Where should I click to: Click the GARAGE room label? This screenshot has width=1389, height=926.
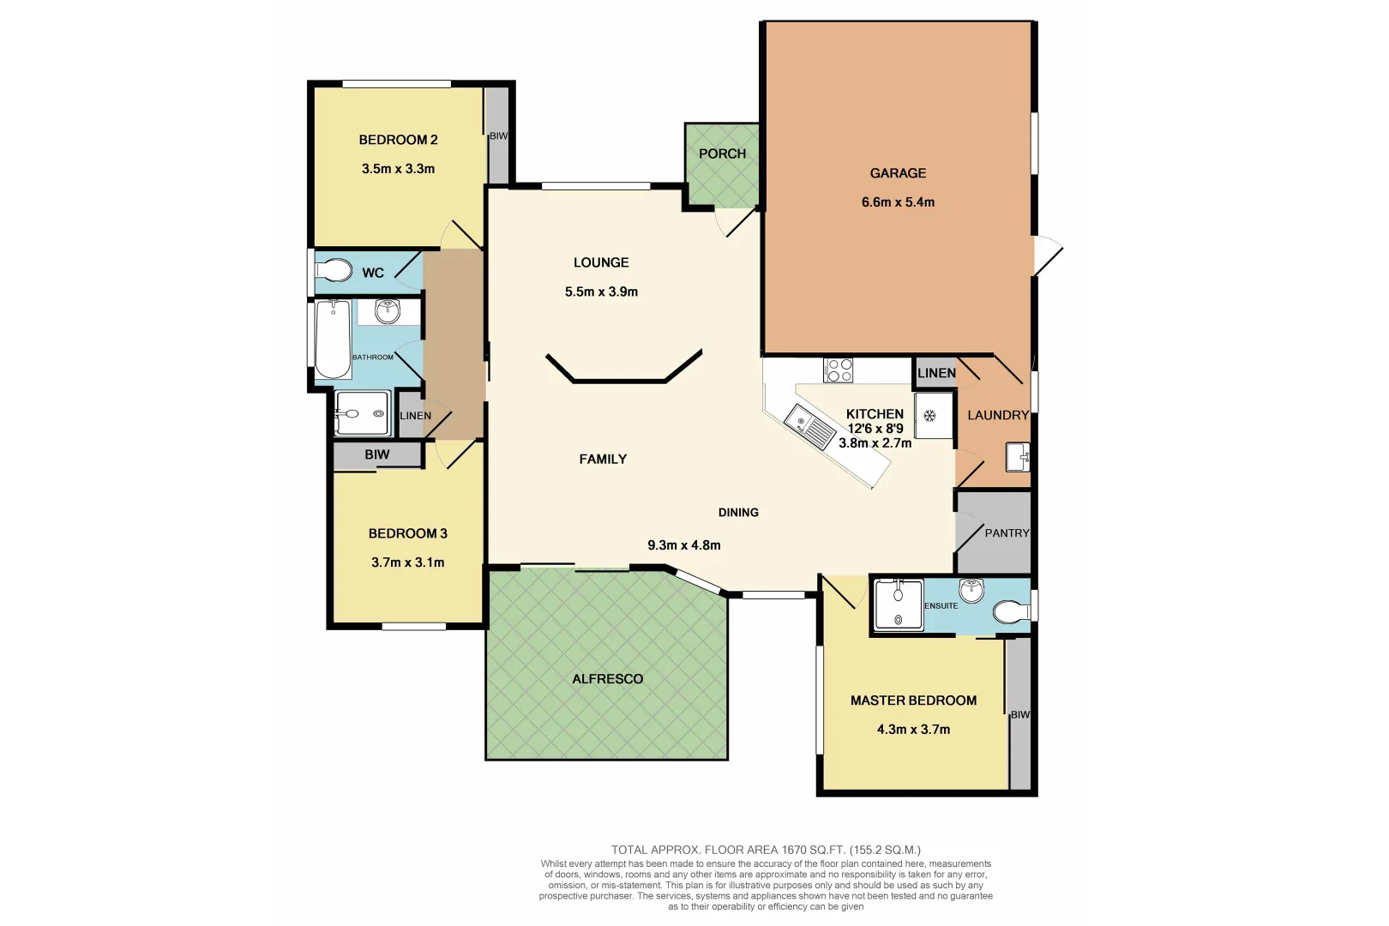[898, 173]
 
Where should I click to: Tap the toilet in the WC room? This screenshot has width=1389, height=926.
[334, 271]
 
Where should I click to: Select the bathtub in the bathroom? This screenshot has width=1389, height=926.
[333, 340]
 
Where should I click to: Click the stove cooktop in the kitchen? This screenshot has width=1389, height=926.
[838, 370]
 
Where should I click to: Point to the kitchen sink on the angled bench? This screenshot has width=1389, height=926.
[809, 426]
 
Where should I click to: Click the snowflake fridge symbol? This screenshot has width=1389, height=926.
[929, 416]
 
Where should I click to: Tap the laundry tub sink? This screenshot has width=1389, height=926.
[1018, 456]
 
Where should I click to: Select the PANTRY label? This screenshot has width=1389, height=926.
[1007, 533]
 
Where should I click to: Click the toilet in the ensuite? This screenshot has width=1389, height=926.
[1010, 612]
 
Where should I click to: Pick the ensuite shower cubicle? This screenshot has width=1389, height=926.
[898, 605]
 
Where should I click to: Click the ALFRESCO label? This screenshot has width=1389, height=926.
[607, 679]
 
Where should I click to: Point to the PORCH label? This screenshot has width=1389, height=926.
[722, 154]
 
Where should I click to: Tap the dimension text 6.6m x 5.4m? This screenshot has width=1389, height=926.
[898, 202]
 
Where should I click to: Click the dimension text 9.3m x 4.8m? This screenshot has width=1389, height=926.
[683, 545]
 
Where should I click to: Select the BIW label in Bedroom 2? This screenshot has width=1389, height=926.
[498, 136]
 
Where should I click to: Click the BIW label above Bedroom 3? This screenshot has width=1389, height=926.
[376, 455]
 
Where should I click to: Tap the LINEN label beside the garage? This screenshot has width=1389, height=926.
[935, 373]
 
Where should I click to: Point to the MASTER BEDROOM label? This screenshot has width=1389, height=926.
[913, 701]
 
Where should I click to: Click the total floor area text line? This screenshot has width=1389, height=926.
[765, 850]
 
